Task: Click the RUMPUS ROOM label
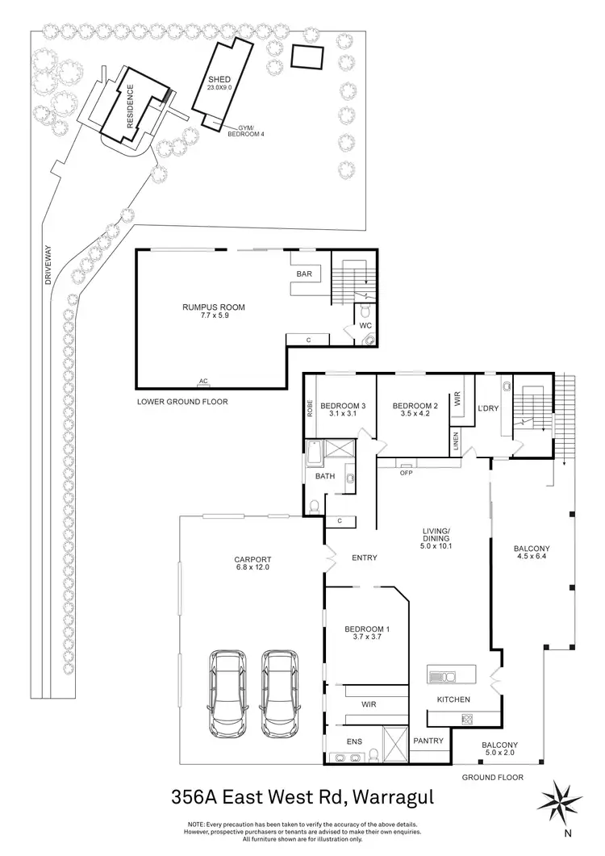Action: pyautogui.click(x=213, y=307)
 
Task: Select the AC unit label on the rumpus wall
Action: pyautogui.click(x=203, y=378)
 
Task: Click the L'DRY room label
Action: pyautogui.click(x=490, y=408)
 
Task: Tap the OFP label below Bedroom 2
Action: pyautogui.click(x=406, y=474)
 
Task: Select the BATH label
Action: pyautogui.click(x=325, y=476)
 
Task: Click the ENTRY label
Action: pyautogui.click(x=365, y=557)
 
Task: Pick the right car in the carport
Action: pyautogui.click(x=278, y=695)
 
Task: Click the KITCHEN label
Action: pyautogui.click(x=453, y=699)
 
